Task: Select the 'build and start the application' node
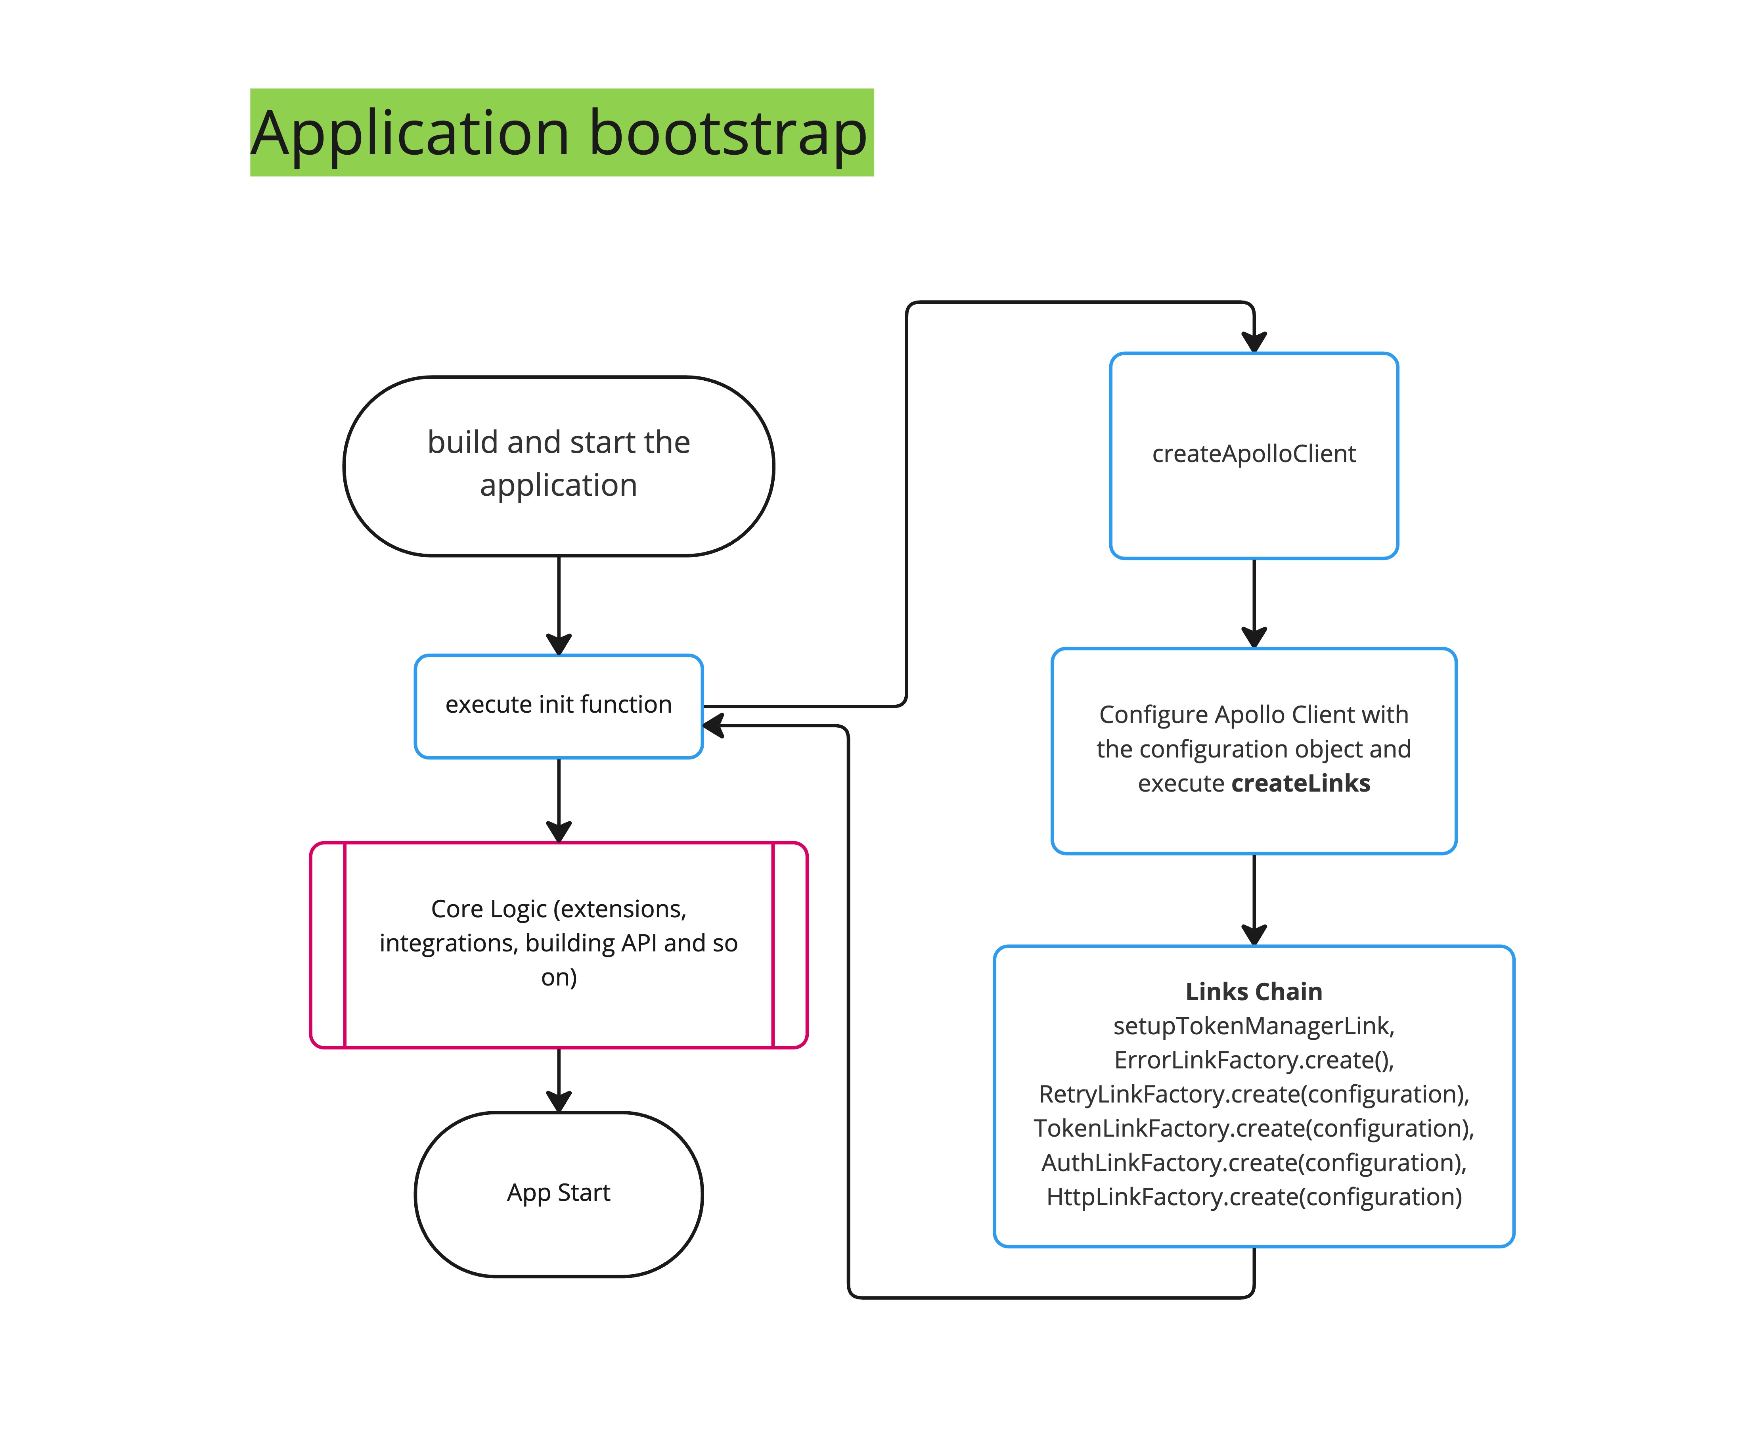click(558, 465)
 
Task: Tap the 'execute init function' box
click(558, 705)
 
